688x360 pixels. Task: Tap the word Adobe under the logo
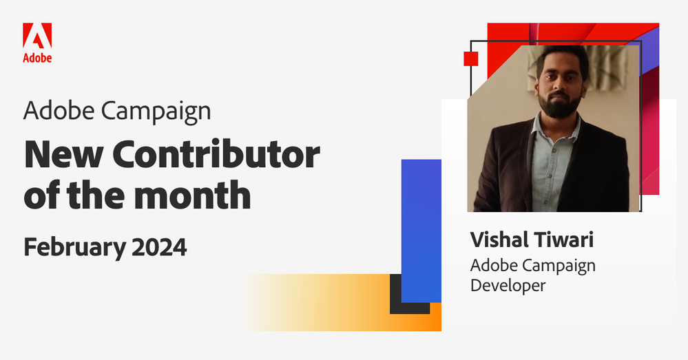[37, 58]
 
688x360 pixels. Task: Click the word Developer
[508, 284]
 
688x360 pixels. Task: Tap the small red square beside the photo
[471, 58]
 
